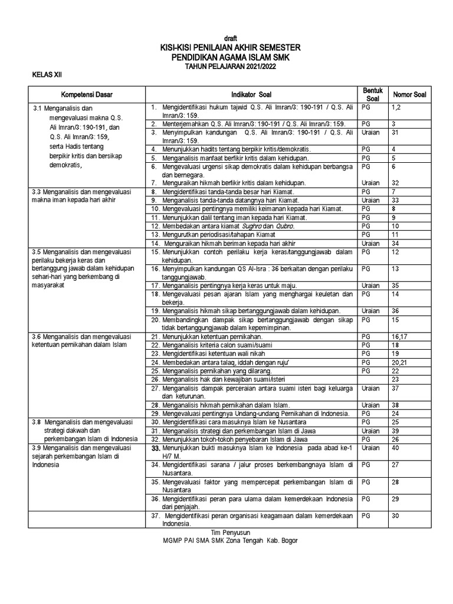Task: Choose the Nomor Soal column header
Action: tap(410, 94)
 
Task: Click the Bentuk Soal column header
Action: tap(373, 94)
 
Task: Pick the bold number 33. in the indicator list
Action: tap(156, 448)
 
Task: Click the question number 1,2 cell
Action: tap(395, 108)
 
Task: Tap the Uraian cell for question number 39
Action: tap(369, 431)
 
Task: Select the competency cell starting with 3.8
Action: tap(86, 430)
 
